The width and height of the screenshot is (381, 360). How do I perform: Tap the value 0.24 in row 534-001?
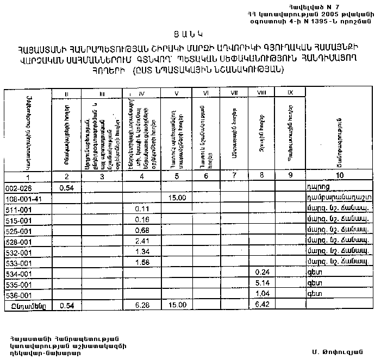tap(263, 273)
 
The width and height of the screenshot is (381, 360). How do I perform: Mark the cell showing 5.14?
tap(263, 283)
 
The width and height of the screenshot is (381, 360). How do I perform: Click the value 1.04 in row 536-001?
tap(263, 294)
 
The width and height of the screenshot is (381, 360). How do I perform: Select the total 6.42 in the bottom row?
tap(263, 305)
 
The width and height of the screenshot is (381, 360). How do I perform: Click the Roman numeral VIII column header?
tap(263, 93)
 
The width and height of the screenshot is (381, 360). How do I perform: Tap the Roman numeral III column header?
tap(102, 93)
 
